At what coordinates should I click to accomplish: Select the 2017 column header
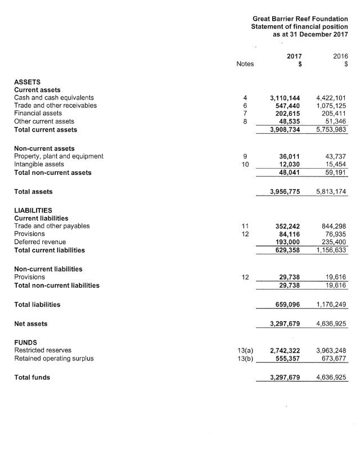click(294, 56)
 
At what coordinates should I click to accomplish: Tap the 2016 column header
click(340, 56)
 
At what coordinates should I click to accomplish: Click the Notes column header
click(245, 64)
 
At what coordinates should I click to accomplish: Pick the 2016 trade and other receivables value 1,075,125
click(331, 106)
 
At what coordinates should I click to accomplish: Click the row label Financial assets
click(38, 114)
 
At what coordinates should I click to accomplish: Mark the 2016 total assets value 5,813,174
click(331, 192)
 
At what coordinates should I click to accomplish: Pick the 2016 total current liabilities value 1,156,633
click(331, 250)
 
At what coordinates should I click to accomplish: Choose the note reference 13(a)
click(245, 350)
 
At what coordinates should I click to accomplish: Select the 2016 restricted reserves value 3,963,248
click(331, 350)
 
